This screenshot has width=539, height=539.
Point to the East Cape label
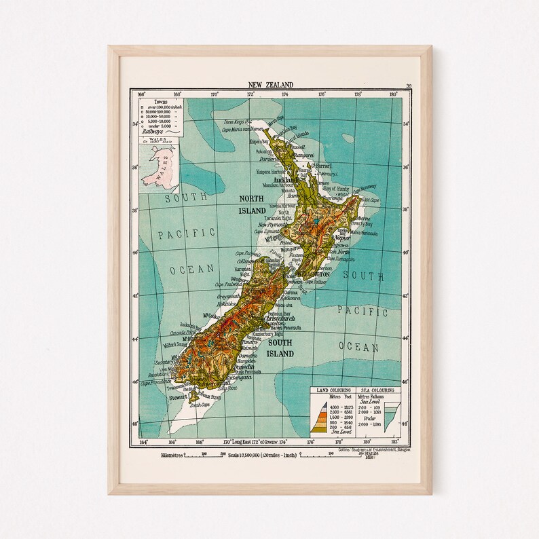click(370, 200)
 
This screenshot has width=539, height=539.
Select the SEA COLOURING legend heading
click(378, 390)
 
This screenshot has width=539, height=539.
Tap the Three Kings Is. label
click(229, 122)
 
